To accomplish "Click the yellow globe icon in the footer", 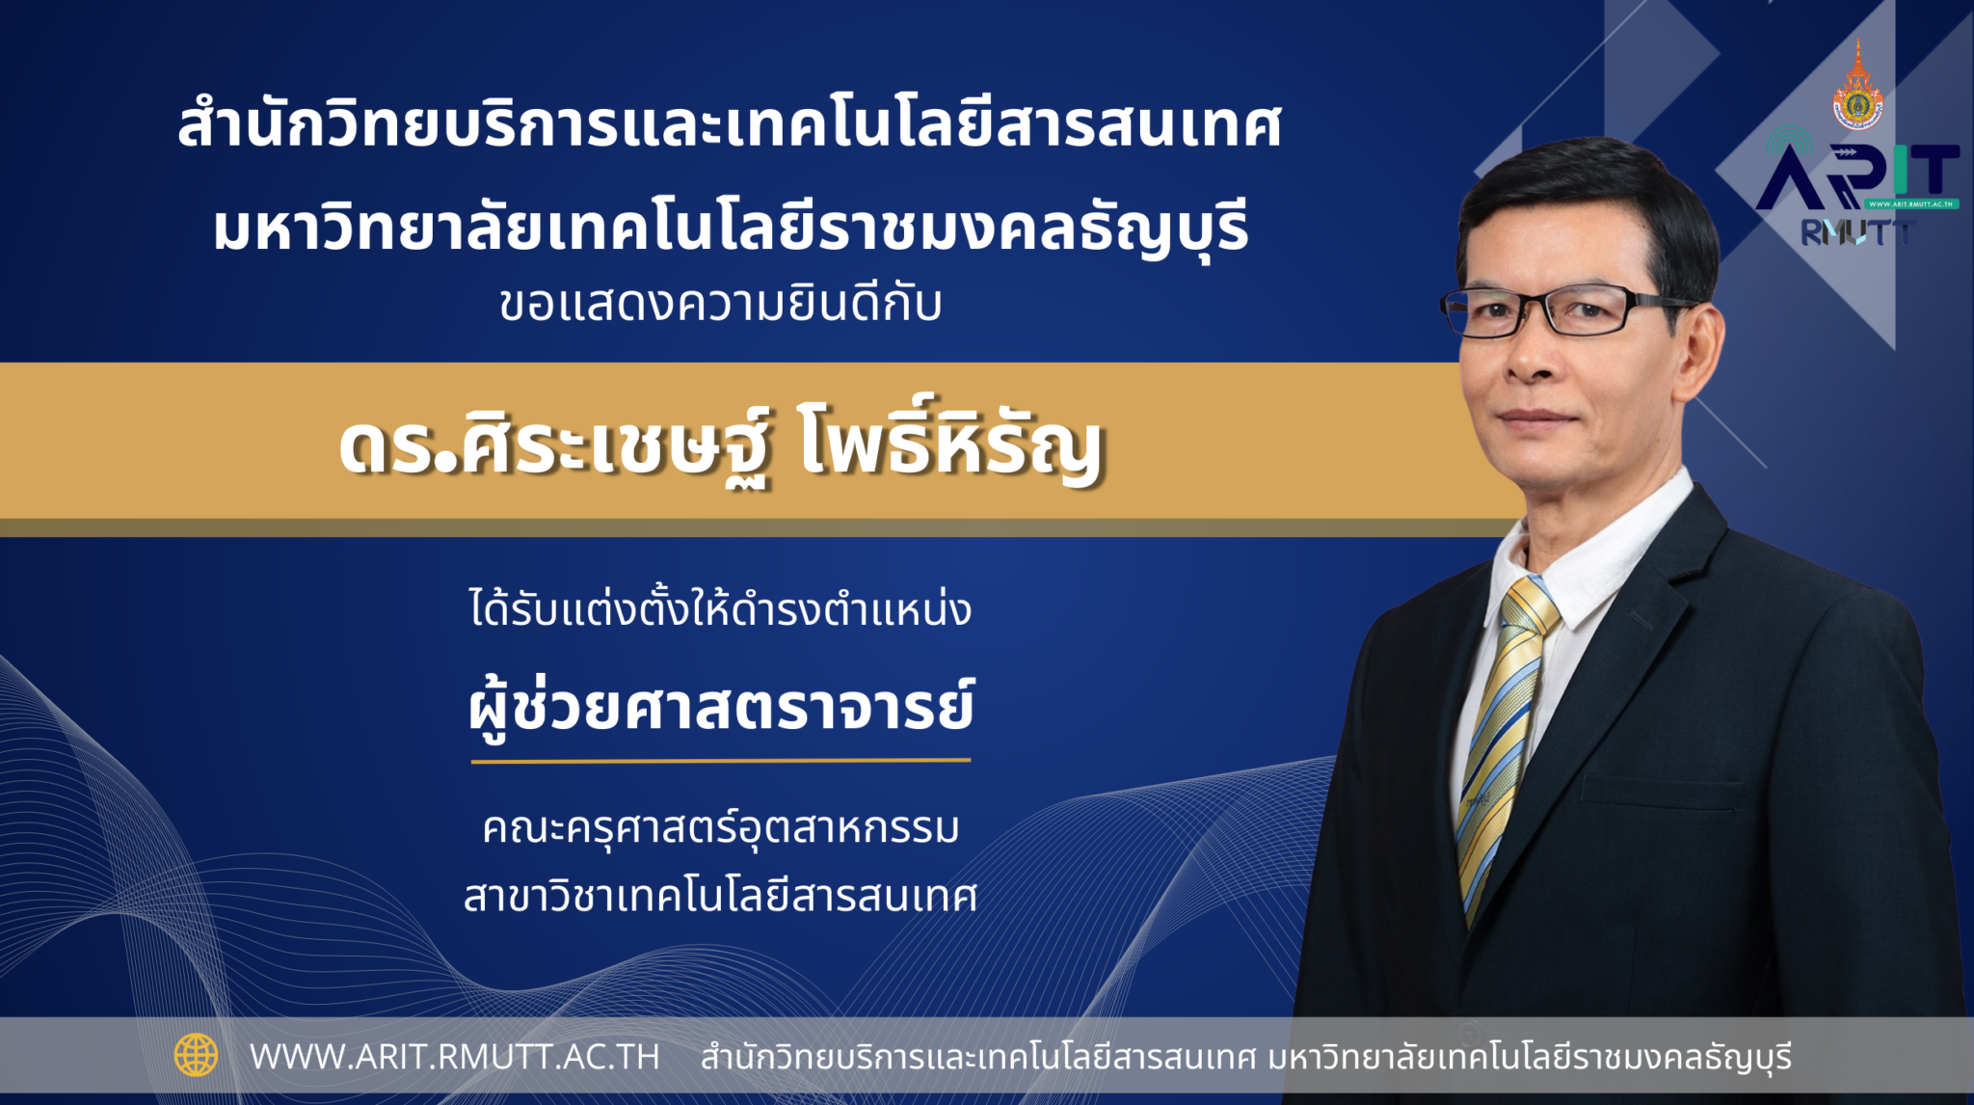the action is tap(196, 1055).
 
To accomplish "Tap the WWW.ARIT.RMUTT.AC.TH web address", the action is tap(455, 1057).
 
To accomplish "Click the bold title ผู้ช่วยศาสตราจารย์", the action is tap(721, 709).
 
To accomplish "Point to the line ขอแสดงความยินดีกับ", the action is tap(721, 304).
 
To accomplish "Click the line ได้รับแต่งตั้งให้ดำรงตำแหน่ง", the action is tap(721, 609).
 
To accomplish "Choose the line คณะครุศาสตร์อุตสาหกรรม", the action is tap(721, 828).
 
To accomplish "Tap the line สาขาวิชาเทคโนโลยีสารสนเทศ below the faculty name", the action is tap(721, 896).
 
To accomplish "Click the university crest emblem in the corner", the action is tap(1857, 87).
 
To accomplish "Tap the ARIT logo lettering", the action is tap(1856, 177).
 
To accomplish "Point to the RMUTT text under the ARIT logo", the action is tap(1856, 231).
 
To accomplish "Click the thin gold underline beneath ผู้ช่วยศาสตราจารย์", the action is tap(721, 761).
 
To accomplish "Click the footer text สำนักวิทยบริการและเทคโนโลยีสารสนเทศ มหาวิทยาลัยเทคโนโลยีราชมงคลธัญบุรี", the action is tap(1246, 1057).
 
